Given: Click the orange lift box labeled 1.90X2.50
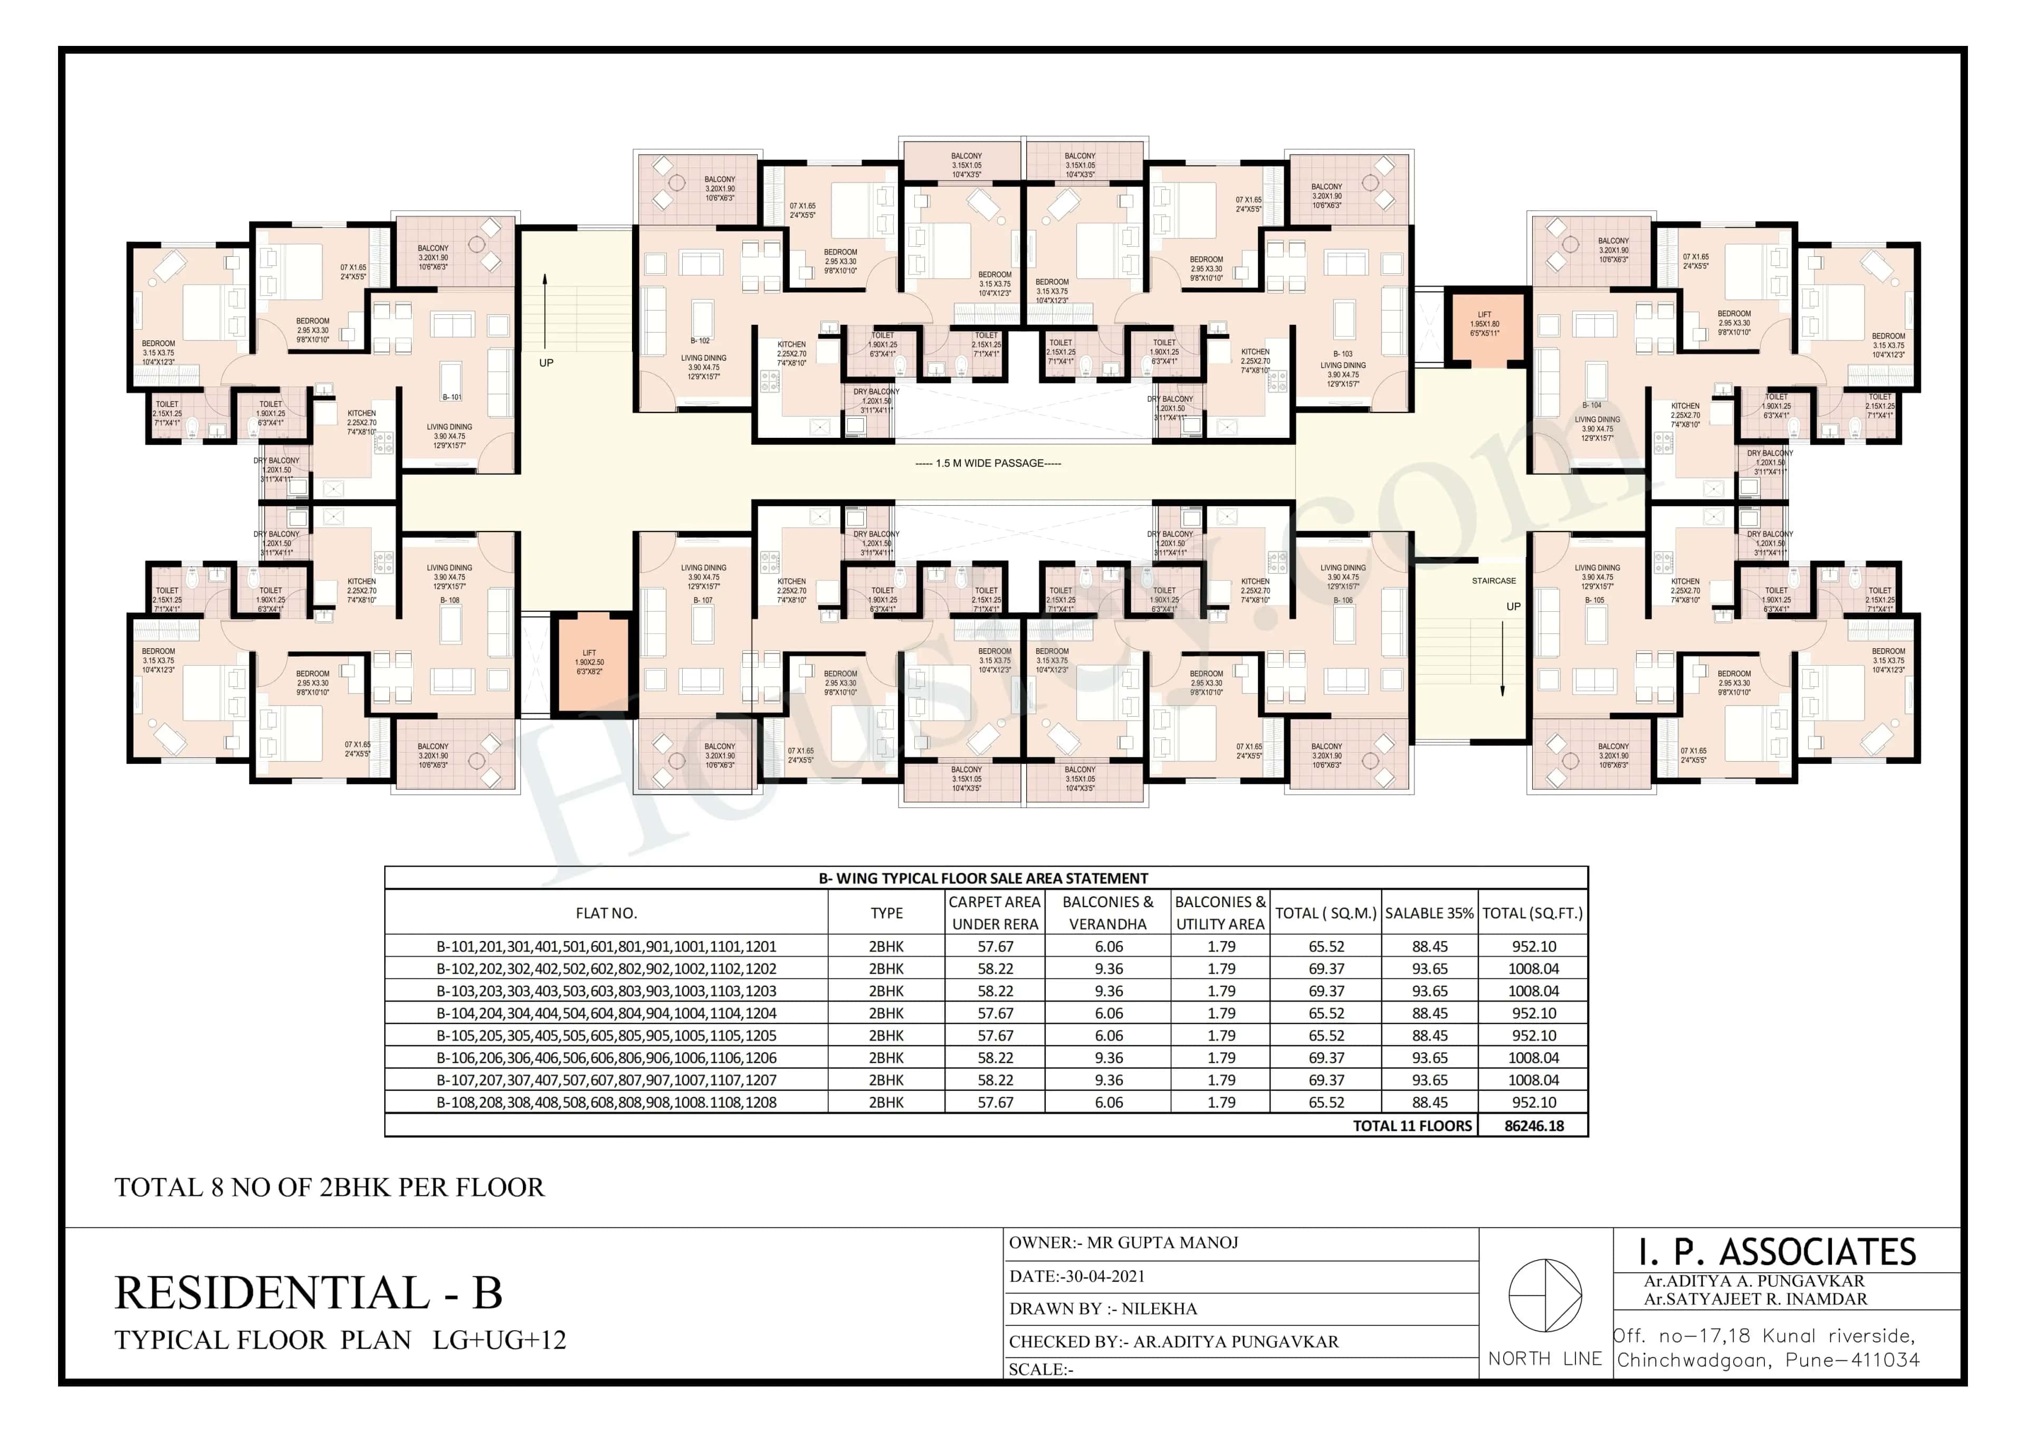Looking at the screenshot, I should [x=589, y=665].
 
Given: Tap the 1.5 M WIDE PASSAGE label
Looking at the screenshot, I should [x=988, y=463].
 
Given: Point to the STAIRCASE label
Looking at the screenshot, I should [x=1494, y=581].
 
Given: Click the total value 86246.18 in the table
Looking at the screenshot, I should [x=1534, y=1126].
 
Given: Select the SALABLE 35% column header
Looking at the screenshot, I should [x=1429, y=913].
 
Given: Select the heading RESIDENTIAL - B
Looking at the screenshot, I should [x=308, y=1293].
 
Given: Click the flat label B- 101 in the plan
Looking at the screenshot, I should [x=452, y=397].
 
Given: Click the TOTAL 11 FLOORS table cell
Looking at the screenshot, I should [x=1412, y=1126].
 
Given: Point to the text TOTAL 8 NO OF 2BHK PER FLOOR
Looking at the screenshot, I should [x=329, y=1188].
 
